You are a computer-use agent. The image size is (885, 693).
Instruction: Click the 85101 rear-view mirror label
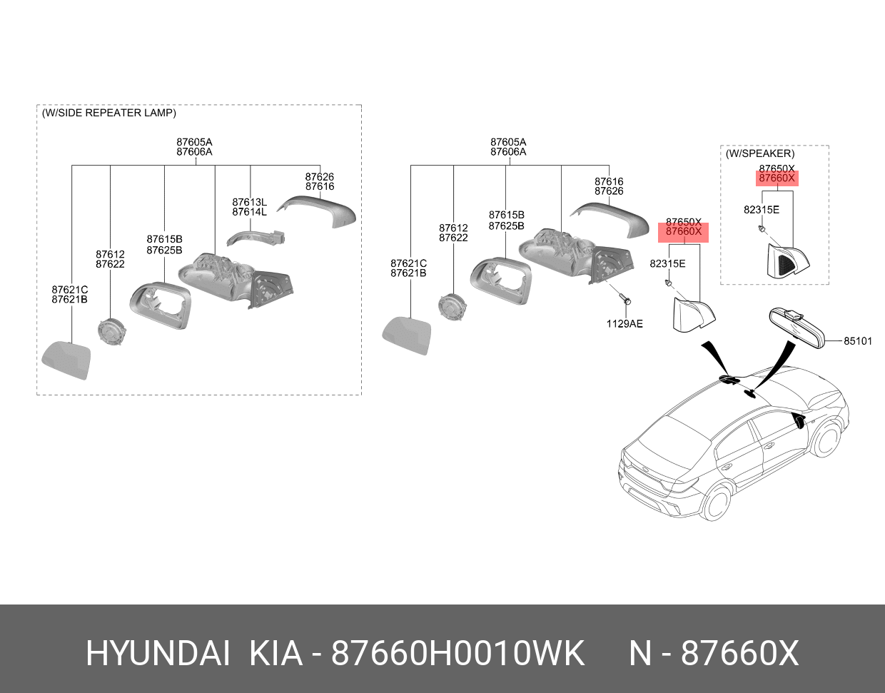coord(857,341)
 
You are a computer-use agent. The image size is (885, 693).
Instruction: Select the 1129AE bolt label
coord(624,324)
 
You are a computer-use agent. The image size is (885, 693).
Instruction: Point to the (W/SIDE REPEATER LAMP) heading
coord(108,113)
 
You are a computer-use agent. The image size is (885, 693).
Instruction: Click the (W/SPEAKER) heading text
coord(759,153)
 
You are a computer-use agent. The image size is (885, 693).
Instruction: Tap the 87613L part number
coord(249,203)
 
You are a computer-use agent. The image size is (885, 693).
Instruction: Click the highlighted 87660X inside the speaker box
coord(777,178)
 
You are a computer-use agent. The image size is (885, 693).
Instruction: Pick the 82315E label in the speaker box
coord(761,210)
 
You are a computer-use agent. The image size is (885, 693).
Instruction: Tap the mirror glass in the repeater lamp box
coord(66,360)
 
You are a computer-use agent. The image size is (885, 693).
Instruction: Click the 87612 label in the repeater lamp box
coord(110,255)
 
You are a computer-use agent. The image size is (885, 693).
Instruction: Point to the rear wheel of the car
coord(714,502)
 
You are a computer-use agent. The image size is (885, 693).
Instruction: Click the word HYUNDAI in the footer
coord(158,653)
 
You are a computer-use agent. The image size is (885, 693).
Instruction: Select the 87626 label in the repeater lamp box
coord(319,177)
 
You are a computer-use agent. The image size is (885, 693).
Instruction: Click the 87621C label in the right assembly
coord(408,264)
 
